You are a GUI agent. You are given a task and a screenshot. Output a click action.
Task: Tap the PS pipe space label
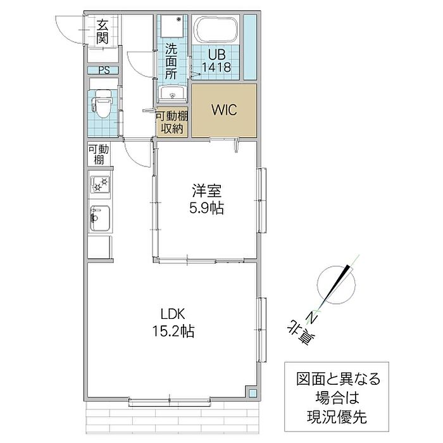[104, 70]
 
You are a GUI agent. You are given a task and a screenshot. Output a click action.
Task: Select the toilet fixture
[102, 103]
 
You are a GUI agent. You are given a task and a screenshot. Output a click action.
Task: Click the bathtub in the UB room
[216, 30]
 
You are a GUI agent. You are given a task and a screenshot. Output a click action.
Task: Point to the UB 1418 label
[216, 61]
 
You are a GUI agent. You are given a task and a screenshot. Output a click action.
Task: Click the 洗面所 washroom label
[172, 61]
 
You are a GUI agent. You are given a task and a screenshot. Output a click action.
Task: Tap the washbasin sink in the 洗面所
[172, 94]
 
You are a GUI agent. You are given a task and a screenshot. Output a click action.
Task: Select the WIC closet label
[224, 109]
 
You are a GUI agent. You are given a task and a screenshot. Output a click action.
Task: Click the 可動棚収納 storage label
[172, 122]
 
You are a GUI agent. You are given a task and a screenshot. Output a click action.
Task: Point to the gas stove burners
[100, 184]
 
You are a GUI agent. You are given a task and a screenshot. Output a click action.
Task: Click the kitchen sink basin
[100, 218]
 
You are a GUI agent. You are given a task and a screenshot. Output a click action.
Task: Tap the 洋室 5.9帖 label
[207, 199]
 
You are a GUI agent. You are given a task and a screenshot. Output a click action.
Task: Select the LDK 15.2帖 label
[173, 323]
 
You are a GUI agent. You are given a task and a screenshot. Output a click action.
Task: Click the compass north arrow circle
[336, 285]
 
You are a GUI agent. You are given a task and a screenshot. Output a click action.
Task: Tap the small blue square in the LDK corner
[253, 393]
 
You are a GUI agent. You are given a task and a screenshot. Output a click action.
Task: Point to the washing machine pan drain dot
[178, 20]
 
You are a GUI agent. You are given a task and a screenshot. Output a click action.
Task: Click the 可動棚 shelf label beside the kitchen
[99, 154]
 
